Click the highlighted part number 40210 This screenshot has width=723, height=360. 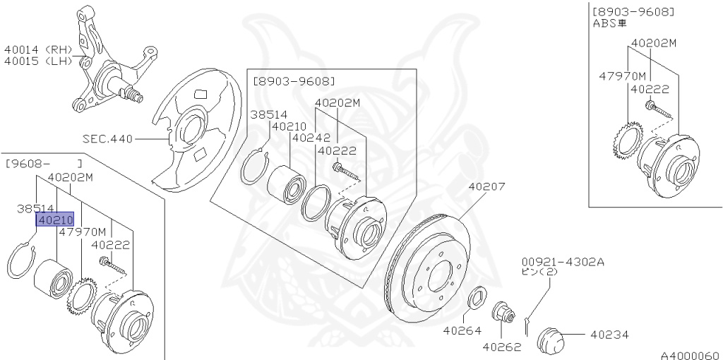click(x=55, y=220)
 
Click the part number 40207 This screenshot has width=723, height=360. click(x=486, y=188)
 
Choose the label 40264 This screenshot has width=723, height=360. click(x=462, y=330)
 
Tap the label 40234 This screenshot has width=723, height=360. click(x=609, y=335)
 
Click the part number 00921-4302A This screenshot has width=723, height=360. click(x=563, y=261)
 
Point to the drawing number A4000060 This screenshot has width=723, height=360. click(x=690, y=354)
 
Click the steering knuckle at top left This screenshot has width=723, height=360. click(x=113, y=67)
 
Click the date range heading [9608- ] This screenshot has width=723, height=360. click(x=42, y=163)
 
